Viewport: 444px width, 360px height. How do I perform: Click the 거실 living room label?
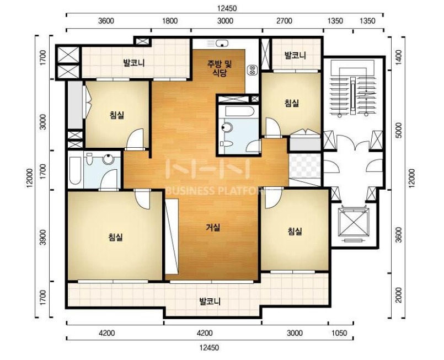pyautogui.click(x=213, y=227)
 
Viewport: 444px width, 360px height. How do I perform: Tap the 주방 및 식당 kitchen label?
pyautogui.click(x=220, y=69)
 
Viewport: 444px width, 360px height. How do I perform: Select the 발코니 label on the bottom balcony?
pyautogui.click(x=210, y=301)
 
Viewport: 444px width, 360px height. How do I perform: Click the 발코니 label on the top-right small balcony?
pyautogui.click(x=295, y=55)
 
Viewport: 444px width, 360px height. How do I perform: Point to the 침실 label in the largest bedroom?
pyautogui.click(x=115, y=237)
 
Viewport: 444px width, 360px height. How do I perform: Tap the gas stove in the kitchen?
pyautogui.click(x=252, y=70)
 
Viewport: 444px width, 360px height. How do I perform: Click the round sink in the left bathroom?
pyautogui.click(x=108, y=159)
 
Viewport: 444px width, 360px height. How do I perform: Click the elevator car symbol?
pyautogui.click(x=354, y=223)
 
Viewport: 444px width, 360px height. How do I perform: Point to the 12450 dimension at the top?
pyautogui.click(x=227, y=8)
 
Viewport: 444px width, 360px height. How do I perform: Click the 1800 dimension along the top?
pyautogui.click(x=170, y=21)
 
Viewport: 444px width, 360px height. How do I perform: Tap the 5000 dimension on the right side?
pyautogui.click(x=398, y=130)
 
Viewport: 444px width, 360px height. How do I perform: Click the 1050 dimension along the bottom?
pyautogui.click(x=339, y=333)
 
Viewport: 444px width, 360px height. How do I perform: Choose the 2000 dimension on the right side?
pyautogui.click(x=398, y=295)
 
